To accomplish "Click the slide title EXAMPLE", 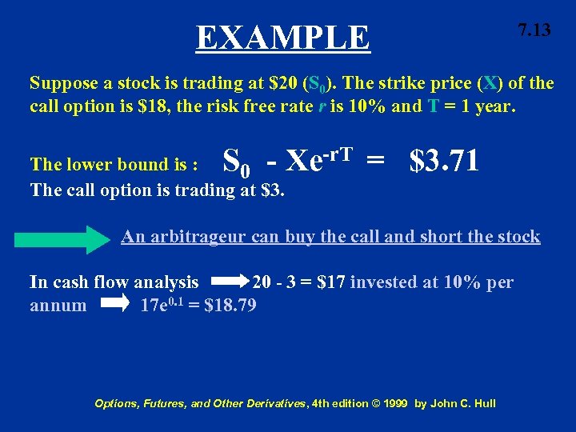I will pyautogui.click(x=283, y=38).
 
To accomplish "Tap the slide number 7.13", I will pyautogui.click(x=534, y=30).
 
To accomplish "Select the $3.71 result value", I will pyautogui.click(x=444, y=161).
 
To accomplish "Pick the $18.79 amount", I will pyautogui.click(x=230, y=305).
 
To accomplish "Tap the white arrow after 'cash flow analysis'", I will pyautogui.click(x=231, y=282).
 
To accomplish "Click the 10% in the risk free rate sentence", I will pyautogui.click(x=371, y=107).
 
